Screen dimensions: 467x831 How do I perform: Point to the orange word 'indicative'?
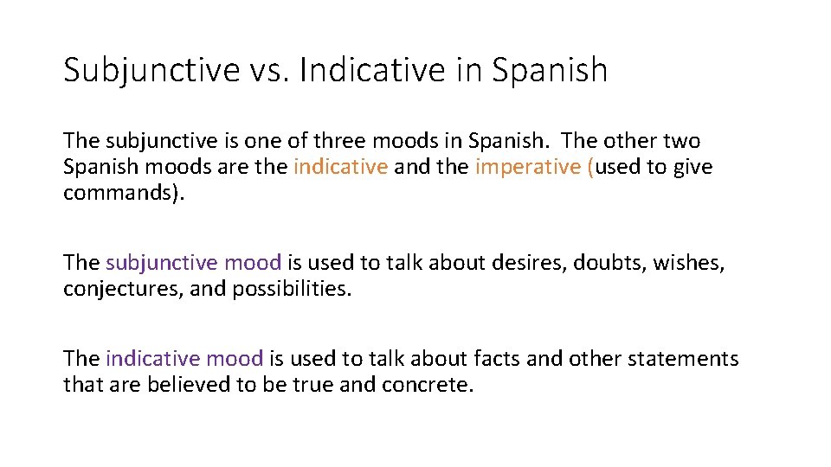[x=340, y=167]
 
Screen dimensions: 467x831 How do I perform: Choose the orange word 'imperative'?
[x=529, y=167]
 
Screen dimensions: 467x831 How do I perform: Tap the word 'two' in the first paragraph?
[x=681, y=141]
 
